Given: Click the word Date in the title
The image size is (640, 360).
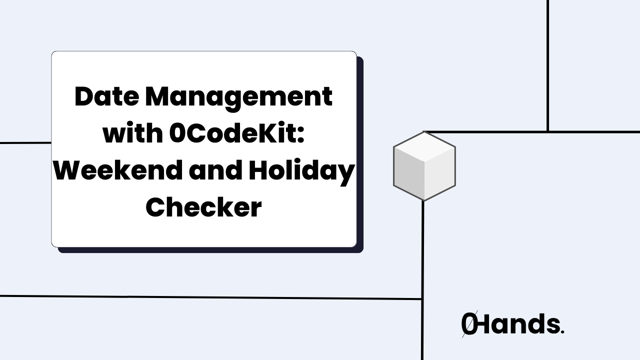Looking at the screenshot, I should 106,96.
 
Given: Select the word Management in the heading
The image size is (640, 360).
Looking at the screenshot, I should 238,97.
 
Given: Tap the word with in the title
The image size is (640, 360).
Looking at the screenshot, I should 132,133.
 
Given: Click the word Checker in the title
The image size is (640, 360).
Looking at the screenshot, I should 203,207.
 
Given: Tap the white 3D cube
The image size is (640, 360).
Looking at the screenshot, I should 424,166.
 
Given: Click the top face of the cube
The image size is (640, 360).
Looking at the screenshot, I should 424,147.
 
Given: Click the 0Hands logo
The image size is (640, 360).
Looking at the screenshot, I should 512,324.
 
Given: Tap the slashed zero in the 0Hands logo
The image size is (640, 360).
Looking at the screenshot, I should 469,325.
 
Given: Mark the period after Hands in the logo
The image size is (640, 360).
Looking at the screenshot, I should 562,332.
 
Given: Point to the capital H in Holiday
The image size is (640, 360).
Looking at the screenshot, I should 260,170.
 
